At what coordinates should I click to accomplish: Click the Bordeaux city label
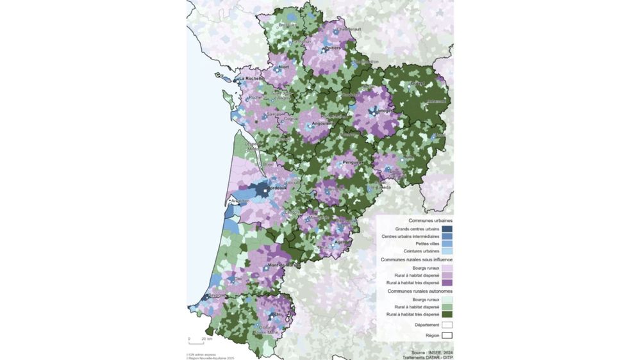[277, 188]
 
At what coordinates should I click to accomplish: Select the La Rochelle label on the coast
[250, 78]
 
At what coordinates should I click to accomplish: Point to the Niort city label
[284, 66]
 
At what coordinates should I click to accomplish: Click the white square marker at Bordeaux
[265, 190]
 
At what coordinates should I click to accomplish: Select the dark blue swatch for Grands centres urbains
[447, 229]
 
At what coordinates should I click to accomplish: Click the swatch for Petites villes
[447, 244]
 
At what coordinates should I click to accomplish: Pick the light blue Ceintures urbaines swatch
[447, 252]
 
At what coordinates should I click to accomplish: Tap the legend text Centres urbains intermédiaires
[410, 236]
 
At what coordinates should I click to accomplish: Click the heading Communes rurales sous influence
[417, 259]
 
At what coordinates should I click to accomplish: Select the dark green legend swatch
[447, 315]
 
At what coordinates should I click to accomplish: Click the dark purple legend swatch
[447, 282]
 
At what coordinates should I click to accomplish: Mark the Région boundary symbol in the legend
[447, 334]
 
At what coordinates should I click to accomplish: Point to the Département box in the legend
[447, 325]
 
